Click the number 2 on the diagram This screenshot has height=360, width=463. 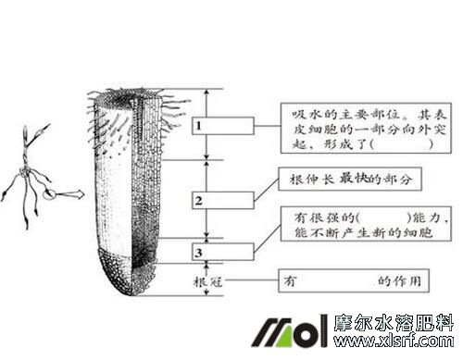[198, 199]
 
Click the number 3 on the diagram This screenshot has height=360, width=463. [198, 251]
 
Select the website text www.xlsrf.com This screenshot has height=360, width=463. [397, 341]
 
